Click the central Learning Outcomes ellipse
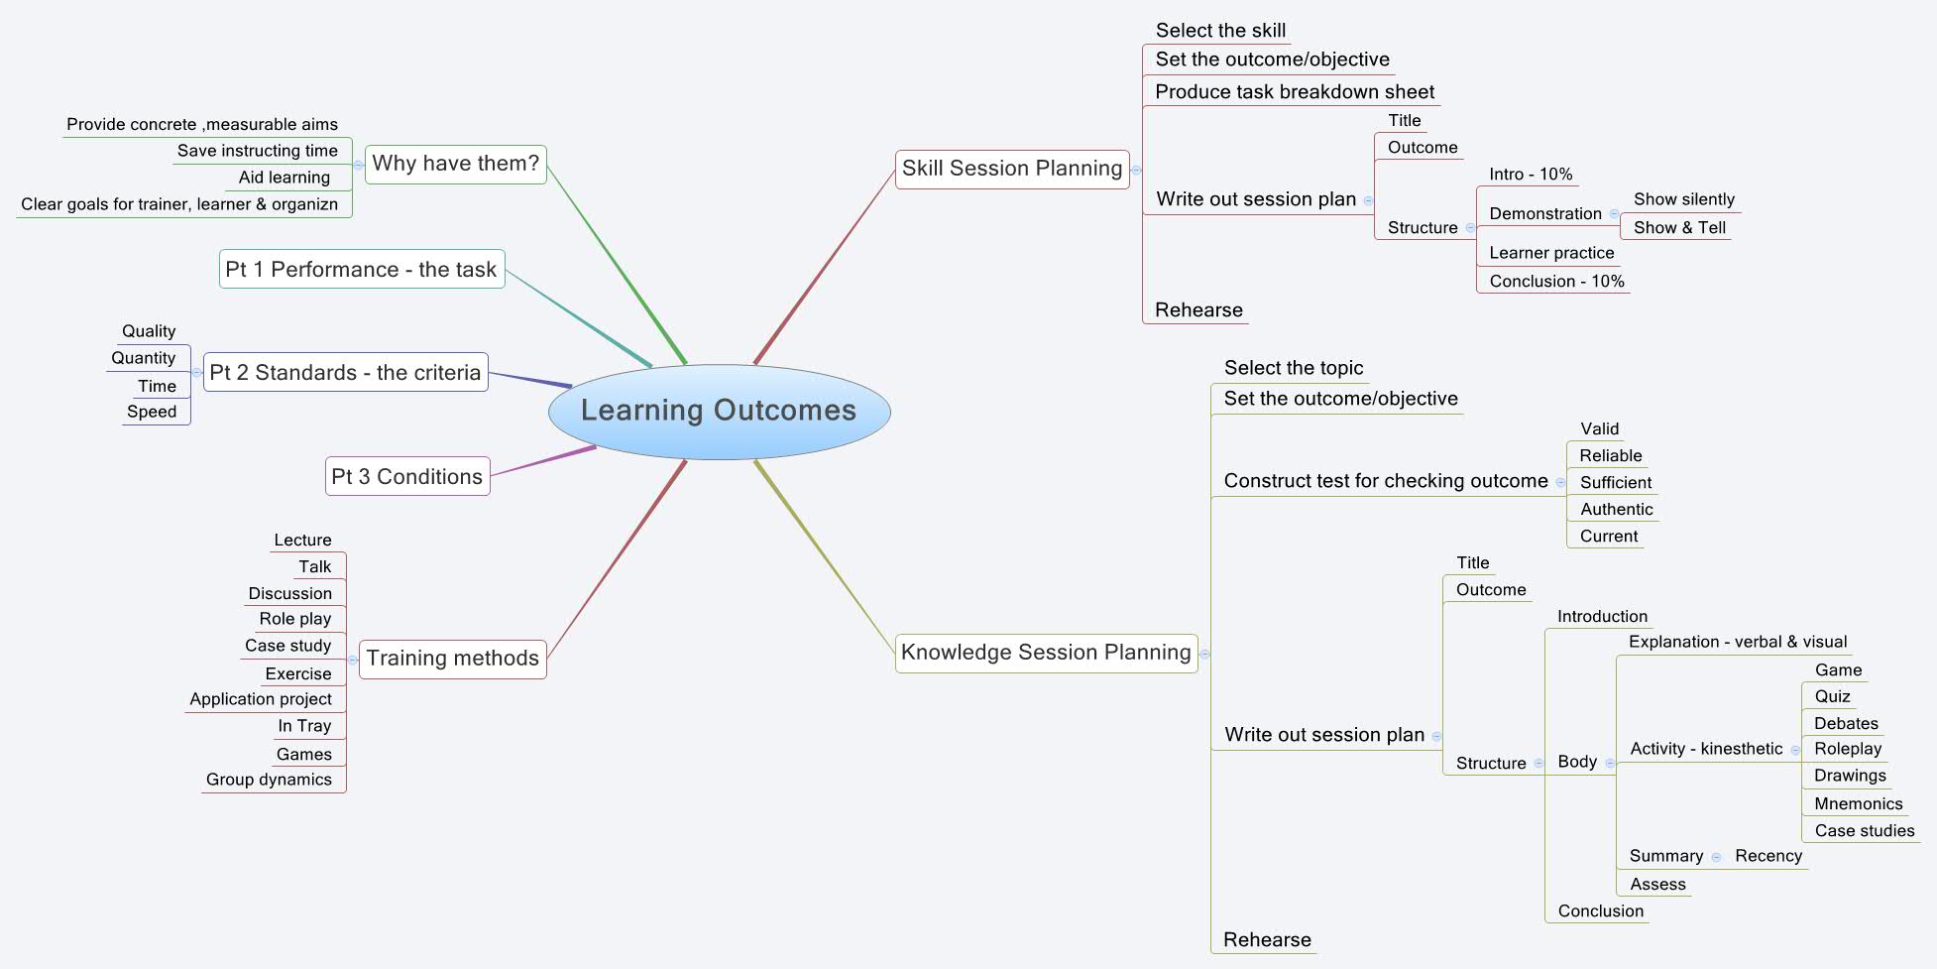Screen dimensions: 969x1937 coord(719,411)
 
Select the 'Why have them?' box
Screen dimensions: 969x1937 coord(456,164)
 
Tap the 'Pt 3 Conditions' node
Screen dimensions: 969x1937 coord(407,477)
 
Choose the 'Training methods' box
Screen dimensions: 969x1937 coord(453,659)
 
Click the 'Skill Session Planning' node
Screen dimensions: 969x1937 coord(1012,169)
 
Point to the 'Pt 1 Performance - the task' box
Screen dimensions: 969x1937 coord(361,270)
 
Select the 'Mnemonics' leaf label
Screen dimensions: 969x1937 coord(1858,804)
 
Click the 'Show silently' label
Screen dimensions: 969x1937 coord(1683,200)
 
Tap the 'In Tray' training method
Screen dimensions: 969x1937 coord(304,726)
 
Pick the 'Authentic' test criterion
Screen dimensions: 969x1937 coord(1616,510)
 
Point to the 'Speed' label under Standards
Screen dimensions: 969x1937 coord(152,413)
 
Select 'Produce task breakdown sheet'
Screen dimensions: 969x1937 coord(1294,92)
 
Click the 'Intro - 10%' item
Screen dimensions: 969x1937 coord(1530,175)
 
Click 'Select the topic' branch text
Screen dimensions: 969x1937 coord(1293,368)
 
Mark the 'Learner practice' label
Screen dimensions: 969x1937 coord(1550,254)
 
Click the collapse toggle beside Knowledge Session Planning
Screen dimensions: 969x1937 coord(1204,655)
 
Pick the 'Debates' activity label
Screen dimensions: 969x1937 coord(1845,724)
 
